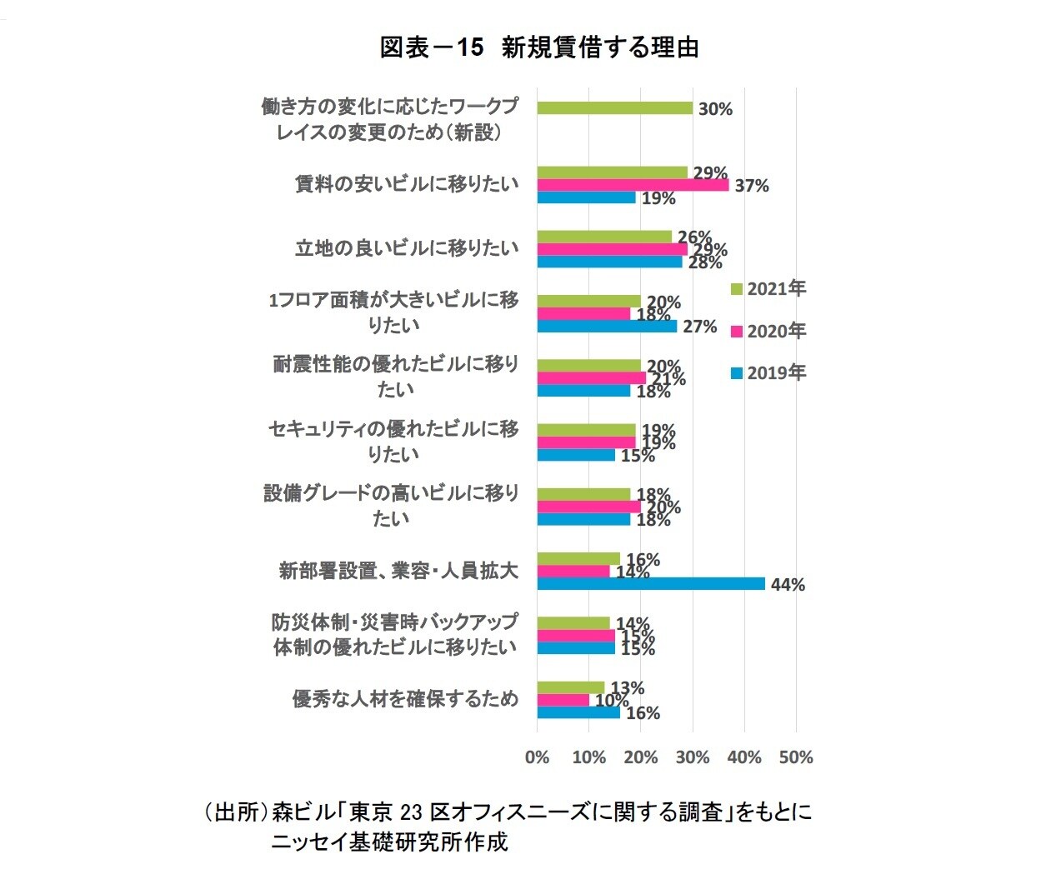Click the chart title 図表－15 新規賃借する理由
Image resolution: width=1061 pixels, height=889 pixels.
538,47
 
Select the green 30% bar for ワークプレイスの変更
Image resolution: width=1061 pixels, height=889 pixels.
614,108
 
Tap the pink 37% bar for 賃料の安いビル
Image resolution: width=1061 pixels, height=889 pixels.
633,185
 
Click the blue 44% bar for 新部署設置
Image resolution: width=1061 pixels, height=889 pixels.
651,584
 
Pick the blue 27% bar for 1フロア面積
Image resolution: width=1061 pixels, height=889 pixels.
607,327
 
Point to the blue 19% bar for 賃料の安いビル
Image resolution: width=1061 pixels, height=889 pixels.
586,197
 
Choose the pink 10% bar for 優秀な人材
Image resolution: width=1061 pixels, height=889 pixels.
563,700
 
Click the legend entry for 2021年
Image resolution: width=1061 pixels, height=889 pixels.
768,289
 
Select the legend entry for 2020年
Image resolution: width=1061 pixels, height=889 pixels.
768,332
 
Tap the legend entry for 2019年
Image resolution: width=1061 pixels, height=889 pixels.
768,373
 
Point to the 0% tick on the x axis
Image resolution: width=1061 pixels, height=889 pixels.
538,757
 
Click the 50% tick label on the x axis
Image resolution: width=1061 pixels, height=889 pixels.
796,757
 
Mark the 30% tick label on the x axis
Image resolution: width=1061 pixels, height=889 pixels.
693,757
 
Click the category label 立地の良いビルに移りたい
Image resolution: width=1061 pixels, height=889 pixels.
407,248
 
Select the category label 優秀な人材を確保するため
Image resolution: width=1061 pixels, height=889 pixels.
405,699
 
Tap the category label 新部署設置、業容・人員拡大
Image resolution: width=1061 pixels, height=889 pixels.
398,571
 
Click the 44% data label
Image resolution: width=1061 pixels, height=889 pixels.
788,585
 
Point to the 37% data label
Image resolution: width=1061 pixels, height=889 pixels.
751,186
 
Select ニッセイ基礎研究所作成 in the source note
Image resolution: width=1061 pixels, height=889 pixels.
389,842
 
